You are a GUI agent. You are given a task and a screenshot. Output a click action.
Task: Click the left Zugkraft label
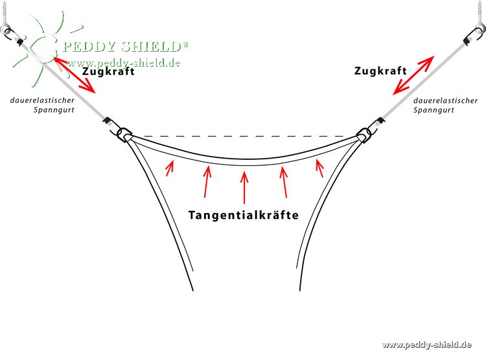[x=109, y=72]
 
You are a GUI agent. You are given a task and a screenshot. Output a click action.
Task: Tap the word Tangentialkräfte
[x=244, y=215]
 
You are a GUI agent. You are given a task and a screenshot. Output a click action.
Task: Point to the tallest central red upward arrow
[x=244, y=188]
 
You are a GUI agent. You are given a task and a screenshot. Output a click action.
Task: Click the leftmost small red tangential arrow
[x=170, y=168]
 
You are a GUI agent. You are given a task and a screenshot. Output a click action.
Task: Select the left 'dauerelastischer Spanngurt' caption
[x=46, y=105]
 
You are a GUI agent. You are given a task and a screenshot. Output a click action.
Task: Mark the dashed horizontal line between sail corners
[x=244, y=137]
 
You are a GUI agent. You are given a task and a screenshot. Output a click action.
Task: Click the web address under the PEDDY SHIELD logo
[x=124, y=63]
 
